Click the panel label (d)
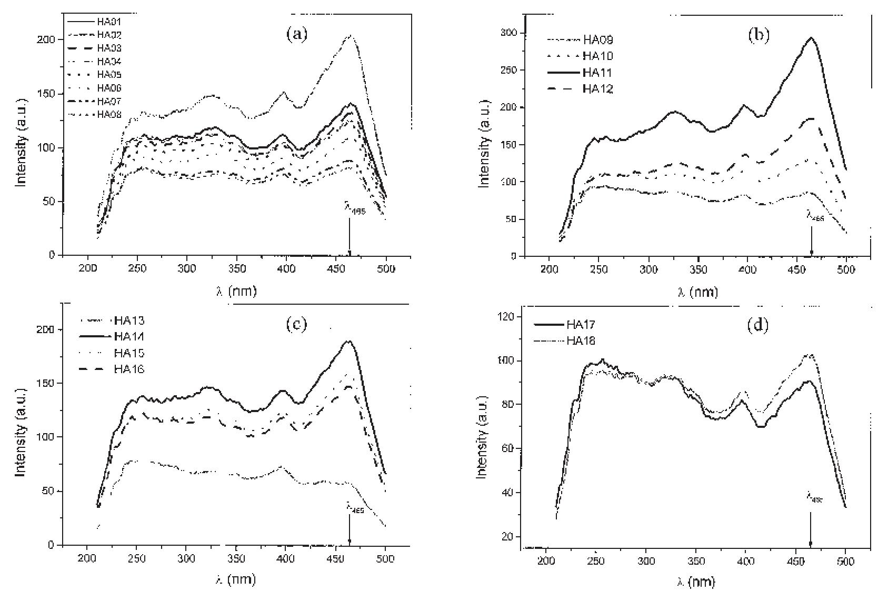(757, 325)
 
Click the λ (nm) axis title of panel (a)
(236, 291)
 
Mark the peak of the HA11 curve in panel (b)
(811, 37)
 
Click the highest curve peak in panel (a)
(350, 36)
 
